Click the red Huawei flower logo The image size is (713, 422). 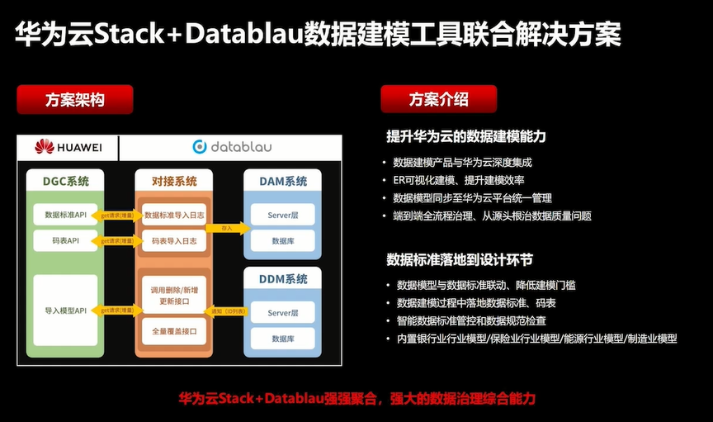coord(44,147)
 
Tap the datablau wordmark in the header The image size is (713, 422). coord(232,147)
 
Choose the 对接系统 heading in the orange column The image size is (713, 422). coord(174,181)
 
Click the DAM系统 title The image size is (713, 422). coord(283,181)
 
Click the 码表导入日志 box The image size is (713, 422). coord(174,241)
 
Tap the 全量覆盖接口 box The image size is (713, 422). coord(173,331)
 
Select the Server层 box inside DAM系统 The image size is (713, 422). coord(283,215)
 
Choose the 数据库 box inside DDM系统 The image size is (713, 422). coord(283,339)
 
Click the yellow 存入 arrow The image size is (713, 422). coord(225,227)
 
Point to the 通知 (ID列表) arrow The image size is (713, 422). coord(225,311)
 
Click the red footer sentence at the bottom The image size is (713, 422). coord(356,398)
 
